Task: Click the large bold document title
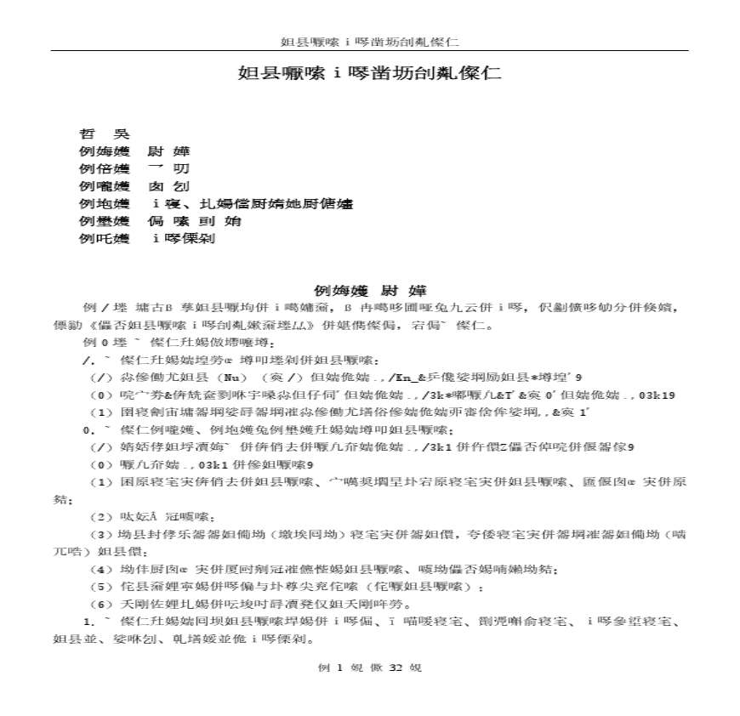click(x=369, y=73)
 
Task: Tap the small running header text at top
click(x=369, y=42)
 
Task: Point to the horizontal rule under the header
click(x=369, y=51)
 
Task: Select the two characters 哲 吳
click(x=104, y=134)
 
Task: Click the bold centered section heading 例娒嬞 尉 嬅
click(x=369, y=291)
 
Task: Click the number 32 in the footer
click(x=394, y=668)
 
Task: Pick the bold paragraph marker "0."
click(x=88, y=429)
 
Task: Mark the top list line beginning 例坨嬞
click(x=214, y=204)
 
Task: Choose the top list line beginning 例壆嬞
click(x=160, y=221)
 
